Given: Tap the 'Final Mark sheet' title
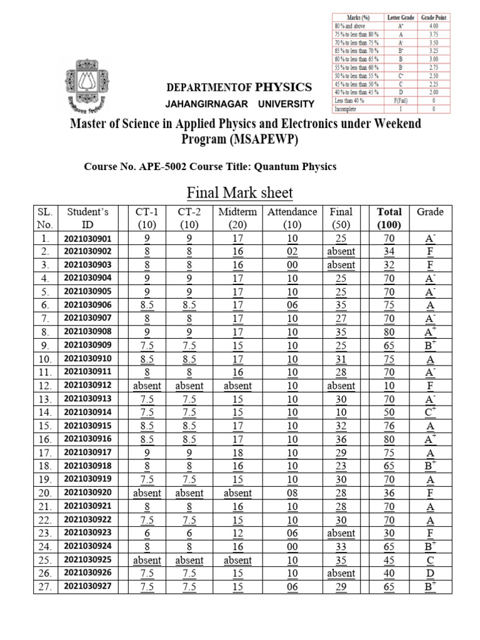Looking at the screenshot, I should click(x=240, y=192).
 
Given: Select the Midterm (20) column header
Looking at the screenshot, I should click(x=237, y=218).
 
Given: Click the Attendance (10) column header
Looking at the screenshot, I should click(x=292, y=218).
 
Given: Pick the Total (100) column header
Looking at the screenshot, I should click(x=390, y=218).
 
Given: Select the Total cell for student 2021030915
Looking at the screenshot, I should click(x=390, y=426).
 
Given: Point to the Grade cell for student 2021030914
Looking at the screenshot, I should click(x=430, y=412).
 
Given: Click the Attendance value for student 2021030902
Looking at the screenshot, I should click(x=292, y=251).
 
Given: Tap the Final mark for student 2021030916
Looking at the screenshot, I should click(x=341, y=439).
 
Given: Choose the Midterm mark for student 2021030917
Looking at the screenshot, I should click(x=237, y=452).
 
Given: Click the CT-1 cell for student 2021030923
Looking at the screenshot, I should click(x=147, y=533).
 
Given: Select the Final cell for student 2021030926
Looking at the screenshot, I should click(x=341, y=573).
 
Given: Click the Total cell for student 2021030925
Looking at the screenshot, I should click(x=390, y=560).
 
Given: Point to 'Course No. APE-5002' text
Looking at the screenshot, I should click(x=136, y=166).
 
